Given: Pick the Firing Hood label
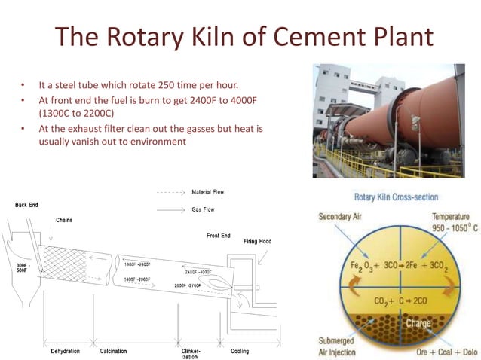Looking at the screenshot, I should [257, 242].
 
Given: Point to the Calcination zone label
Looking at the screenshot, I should [114, 351].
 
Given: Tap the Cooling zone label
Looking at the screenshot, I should [240, 351].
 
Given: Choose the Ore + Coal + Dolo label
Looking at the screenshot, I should [443, 352].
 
